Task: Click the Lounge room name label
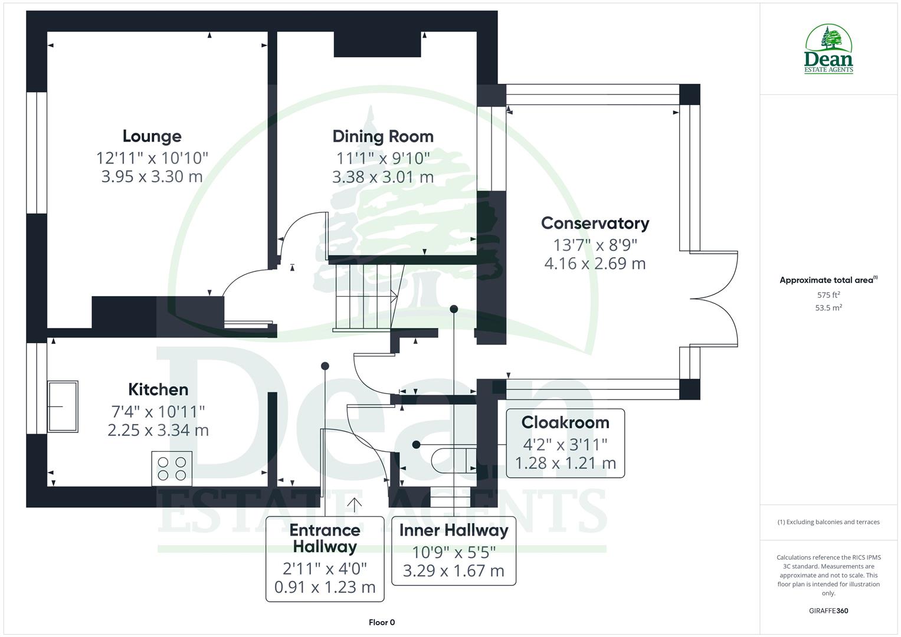click(152, 136)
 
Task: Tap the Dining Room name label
click(383, 136)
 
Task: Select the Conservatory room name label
click(595, 223)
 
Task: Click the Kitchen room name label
click(158, 389)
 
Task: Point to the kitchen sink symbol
click(63, 406)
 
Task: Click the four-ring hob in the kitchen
click(172, 468)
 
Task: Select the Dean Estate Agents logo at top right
click(828, 50)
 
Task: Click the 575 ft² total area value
click(828, 295)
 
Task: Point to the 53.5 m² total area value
click(828, 308)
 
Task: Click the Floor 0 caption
click(382, 622)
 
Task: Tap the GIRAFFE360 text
click(828, 611)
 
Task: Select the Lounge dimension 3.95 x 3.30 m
click(152, 176)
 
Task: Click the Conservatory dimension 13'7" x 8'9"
click(595, 244)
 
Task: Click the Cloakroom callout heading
click(565, 422)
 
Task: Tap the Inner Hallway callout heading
click(453, 530)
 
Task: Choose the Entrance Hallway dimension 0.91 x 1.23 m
click(325, 587)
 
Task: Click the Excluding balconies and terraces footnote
click(828, 522)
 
